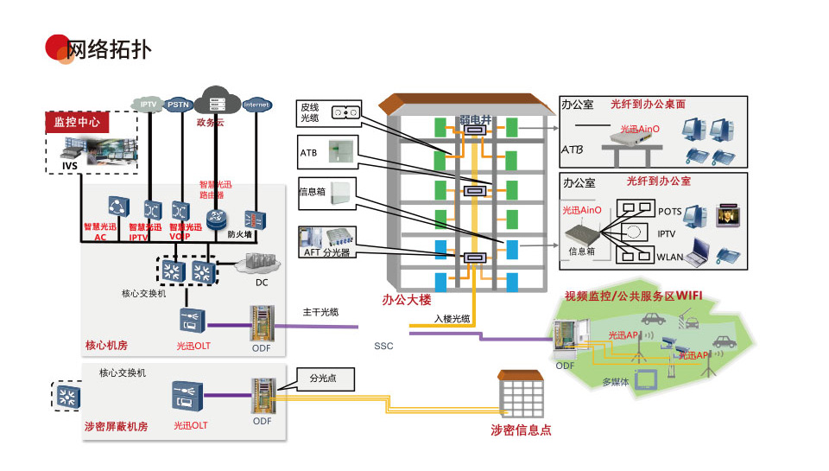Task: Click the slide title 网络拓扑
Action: click(x=109, y=50)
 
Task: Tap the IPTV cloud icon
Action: click(x=149, y=105)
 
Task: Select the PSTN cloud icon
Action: click(x=179, y=105)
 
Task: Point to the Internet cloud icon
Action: click(x=256, y=105)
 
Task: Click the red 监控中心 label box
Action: click(x=78, y=123)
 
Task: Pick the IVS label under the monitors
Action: click(x=69, y=165)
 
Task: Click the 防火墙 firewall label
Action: click(x=240, y=234)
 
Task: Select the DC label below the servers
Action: click(x=262, y=283)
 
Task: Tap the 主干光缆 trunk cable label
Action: click(x=320, y=312)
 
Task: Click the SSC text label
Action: click(x=383, y=347)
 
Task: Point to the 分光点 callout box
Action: click(x=326, y=378)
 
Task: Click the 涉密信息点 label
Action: click(x=521, y=430)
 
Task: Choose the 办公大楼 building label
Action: click(x=406, y=301)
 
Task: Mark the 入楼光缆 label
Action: click(x=452, y=318)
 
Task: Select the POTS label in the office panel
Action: click(x=670, y=212)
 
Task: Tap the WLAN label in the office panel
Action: click(x=670, y=257)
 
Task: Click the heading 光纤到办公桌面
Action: click(x=648, y=104)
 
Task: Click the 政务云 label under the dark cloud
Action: click(x=210, y=123)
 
